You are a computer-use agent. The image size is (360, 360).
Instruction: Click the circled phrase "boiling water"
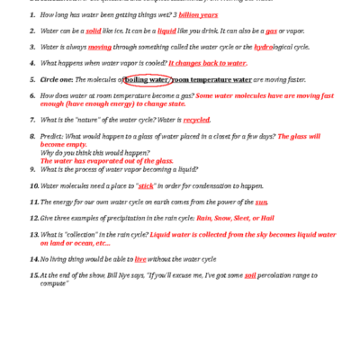[x=146, y=79]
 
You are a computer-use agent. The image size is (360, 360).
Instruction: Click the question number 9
[x=32, y=169]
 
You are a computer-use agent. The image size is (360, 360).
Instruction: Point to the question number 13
[x=33, y=233]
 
